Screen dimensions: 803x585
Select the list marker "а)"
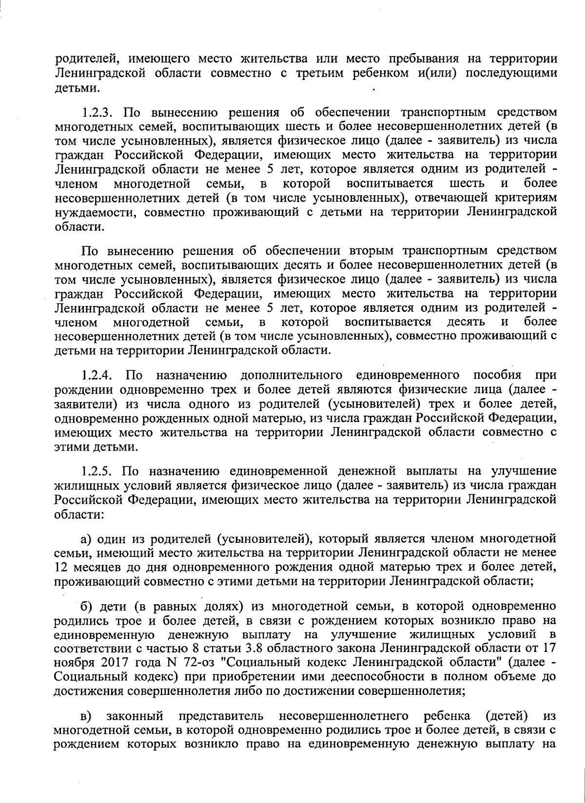87,539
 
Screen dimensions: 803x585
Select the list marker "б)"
87,607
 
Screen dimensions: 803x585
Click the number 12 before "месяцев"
61,567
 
